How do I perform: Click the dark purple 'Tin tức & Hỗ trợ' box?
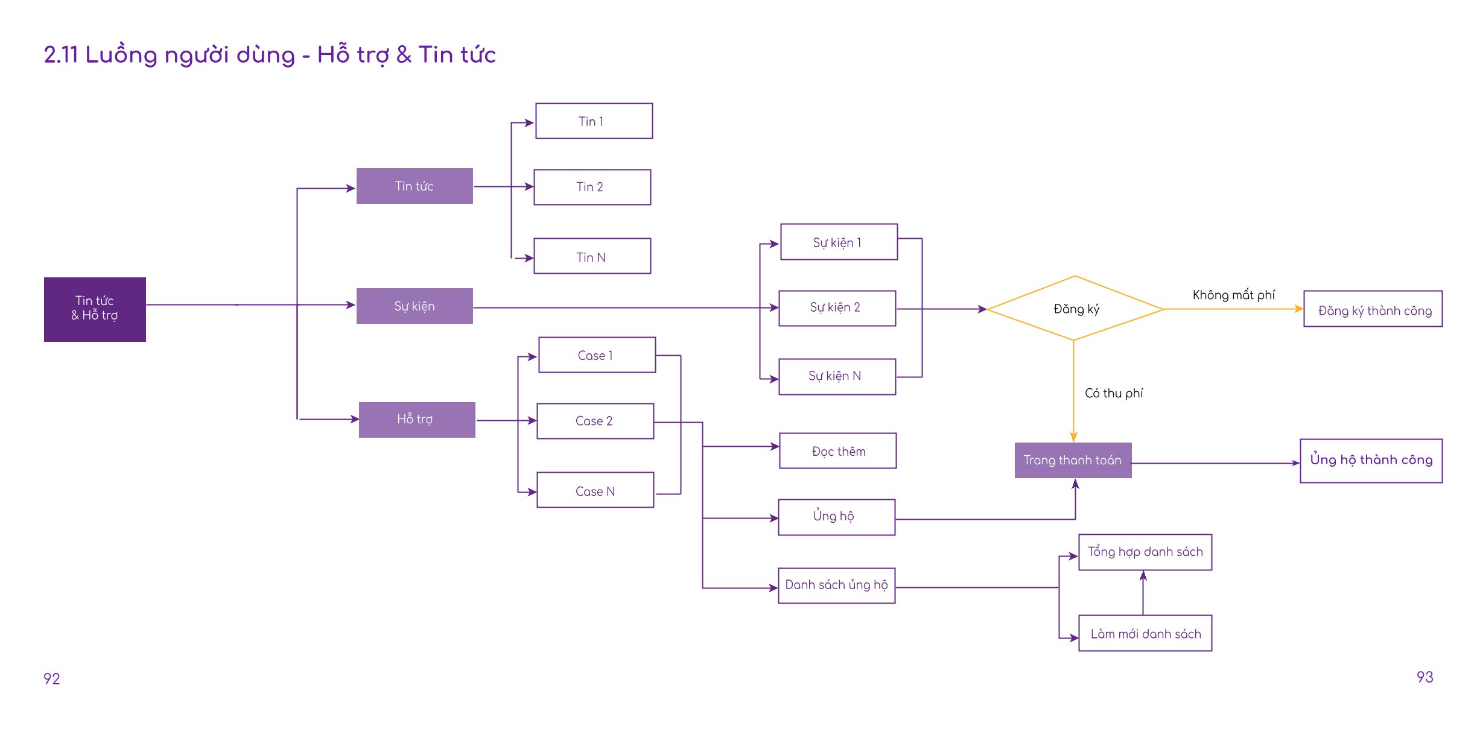[95, 309]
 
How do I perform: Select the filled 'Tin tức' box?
[415, 186]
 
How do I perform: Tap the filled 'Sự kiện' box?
[415, 306]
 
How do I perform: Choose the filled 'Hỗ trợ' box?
[417, 420]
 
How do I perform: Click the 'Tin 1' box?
[594, 121]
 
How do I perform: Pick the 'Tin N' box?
[592, 256]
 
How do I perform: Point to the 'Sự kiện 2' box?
[837, 308]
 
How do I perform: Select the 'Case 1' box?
[597, 355]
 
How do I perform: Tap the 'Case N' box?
[595, 490]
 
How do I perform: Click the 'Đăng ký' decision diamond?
[1075, 308]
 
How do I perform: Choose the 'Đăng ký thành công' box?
[1373, 309]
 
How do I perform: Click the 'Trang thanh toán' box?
[1073, 460]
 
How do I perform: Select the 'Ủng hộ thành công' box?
[1371, 461]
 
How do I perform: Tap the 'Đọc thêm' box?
[837, 450]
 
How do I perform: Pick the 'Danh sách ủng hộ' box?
[836, 585]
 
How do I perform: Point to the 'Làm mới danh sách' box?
[1145, 633]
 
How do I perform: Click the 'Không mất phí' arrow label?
[1233, 295]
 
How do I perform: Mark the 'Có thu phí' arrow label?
[1113, 393]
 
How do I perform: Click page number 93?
[1425, 677]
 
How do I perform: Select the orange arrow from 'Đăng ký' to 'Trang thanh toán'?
[1073, 391]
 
